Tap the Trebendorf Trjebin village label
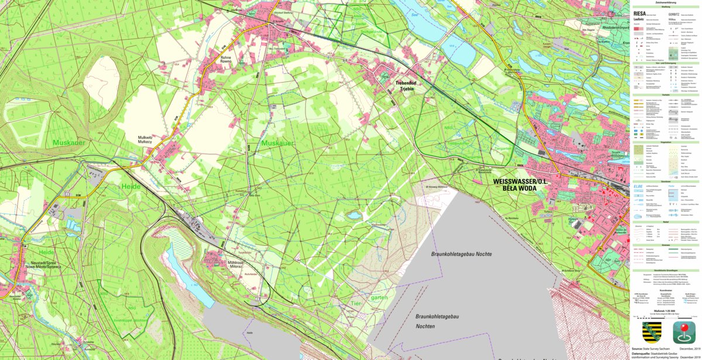404,87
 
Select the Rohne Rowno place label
226,60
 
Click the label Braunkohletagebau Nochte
461,254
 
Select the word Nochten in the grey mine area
425,325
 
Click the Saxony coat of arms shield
652,332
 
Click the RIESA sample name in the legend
639,12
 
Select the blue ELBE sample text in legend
638,186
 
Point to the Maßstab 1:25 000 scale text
666,311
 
